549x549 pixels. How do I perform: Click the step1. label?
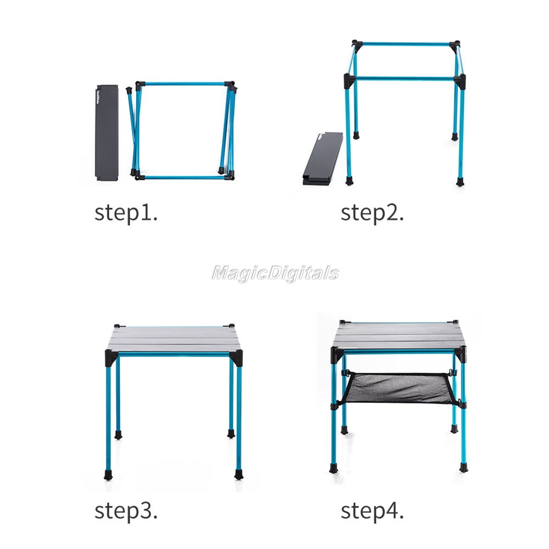click(126, 213)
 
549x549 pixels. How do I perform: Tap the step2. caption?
click(372, 213)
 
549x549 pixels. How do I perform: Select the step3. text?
click(126, 511)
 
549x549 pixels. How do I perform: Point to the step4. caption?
click(372, 511)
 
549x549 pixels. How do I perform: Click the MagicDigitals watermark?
click(275, 273)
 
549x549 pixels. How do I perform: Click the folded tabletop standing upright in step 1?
click(107, 132)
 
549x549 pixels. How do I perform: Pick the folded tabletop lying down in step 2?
click(322, 159)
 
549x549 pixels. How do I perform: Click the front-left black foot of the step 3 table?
click(109, 475)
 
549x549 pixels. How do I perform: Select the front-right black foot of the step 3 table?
click(239, 474)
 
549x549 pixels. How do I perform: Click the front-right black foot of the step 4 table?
click(463, 467)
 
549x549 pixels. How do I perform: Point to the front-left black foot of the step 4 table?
click(334, 468)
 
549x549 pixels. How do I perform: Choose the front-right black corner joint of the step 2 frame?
click(460, 81)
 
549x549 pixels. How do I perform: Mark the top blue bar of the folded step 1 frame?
click(182, 84)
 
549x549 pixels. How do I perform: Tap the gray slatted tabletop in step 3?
click(174, 338)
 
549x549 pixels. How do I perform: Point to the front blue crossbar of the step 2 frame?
click(405, 79)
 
